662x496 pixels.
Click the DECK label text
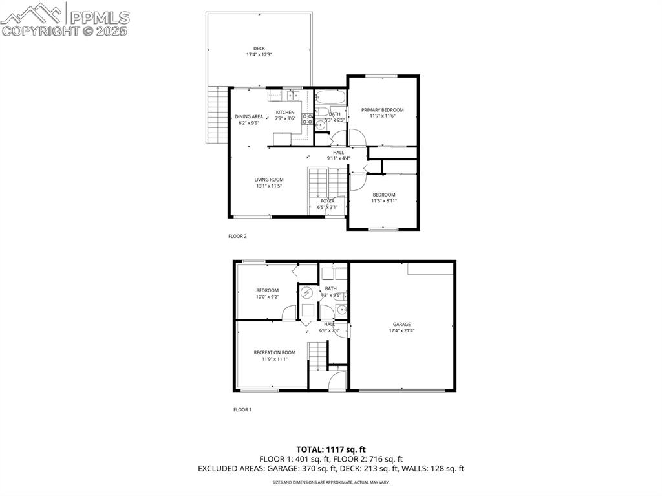(x=259, y=48)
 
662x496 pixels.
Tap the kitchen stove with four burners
(x=308, y=119)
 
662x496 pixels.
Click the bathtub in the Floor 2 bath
(x=330, y=98)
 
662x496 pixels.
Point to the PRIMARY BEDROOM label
(x=382, y=110)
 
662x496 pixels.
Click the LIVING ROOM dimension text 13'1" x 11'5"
(x=268, y=186)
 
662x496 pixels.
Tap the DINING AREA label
(x=248, y=116)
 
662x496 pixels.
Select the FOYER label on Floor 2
(x=328, y=201)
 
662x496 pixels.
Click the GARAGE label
(x=401, y=325)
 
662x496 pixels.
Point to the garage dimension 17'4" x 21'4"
(x=401, y=330)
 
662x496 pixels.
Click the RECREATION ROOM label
(x=274, y=352)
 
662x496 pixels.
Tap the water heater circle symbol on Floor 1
(x=306, y=292)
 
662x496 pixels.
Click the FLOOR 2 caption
(x=237, y=237)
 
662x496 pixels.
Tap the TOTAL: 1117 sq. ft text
(x=331, y=449)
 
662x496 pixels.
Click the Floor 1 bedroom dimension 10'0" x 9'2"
(x=267, y=297)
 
